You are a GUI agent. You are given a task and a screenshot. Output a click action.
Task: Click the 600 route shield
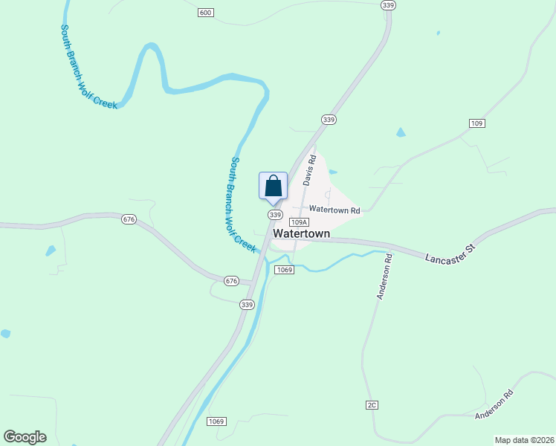point(206,13)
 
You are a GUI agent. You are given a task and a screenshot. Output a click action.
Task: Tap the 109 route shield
point(477,123)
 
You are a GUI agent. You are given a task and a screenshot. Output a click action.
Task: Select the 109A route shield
point(299,222)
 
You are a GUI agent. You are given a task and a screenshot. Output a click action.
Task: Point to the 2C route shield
point(372,404)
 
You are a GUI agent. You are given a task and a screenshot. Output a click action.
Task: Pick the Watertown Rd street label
point(334,210)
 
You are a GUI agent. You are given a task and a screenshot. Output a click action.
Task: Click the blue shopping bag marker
point(273,186)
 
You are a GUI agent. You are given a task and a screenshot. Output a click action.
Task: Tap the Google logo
point(25,437)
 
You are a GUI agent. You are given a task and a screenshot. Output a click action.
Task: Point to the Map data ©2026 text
point(524,440)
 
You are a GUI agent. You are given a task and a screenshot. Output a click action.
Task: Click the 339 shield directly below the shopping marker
point(275,215)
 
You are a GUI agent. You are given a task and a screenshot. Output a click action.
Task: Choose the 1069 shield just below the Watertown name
point(284,269)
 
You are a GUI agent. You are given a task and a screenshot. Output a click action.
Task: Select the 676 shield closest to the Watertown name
point(231,280)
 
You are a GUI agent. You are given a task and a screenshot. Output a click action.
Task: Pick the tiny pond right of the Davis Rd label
point(332,172)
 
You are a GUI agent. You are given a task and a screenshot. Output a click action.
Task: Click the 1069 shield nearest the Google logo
point(216,421)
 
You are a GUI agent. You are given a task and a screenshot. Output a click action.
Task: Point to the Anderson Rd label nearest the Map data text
point(494,404)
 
